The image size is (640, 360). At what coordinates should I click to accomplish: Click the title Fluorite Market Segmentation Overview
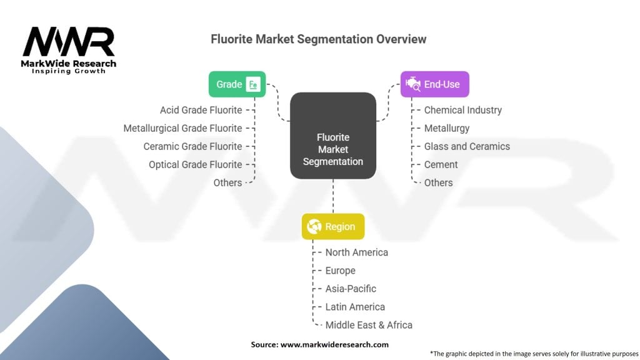pyautogui.click(x=319, y=39)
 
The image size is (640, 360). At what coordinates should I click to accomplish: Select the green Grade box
pyautogui.click(x=237, y=84)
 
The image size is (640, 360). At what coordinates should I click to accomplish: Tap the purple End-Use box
pyautogui.click(x=434, y=84)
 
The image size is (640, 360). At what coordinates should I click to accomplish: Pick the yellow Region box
pyautogui.click(x=332, y=227)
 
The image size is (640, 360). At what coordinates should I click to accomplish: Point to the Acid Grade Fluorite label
pyautogui.click(x=201, y=110)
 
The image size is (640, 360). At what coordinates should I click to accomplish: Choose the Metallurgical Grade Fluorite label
pyautogui.click(x=182, y=128)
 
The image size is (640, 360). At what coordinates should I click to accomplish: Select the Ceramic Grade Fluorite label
pyautogui.click(x=192, y=146)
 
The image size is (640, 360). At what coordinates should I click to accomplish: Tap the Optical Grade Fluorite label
pyautogui.click(x=195, y=164)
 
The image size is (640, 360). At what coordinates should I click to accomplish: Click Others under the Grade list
pyautogui.click(x=227, y=182)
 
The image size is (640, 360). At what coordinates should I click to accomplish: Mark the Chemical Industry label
pyautogui.click(x=462, y=110)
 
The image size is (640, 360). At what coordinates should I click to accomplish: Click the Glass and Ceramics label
pyautogui.click(x=467, y=146)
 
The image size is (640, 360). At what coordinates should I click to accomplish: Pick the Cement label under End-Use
pyautogui.click(x=441, y=164)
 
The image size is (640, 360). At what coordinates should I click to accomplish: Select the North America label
pyautogui.click(x=356, y=252)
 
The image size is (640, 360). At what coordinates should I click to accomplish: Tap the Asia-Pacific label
pyautogui.click(x=351, y=289)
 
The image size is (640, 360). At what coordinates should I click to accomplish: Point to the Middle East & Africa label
pyautogui.click(x=369, y=325)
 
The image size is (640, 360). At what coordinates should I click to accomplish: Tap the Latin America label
pyautogui.click(x=355, y=307)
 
